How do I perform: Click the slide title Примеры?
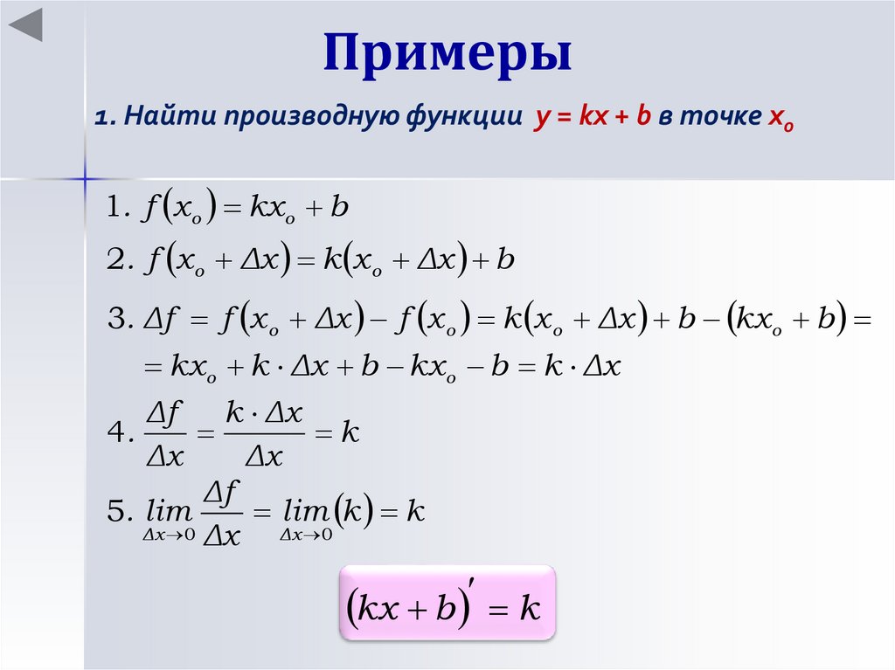tap(447, 54)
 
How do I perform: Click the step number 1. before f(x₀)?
tap(118, 208)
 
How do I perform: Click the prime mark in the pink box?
tap(471, 582)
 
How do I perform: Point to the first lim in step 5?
tap(165, 512)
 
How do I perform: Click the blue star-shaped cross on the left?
tap(87, 178)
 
